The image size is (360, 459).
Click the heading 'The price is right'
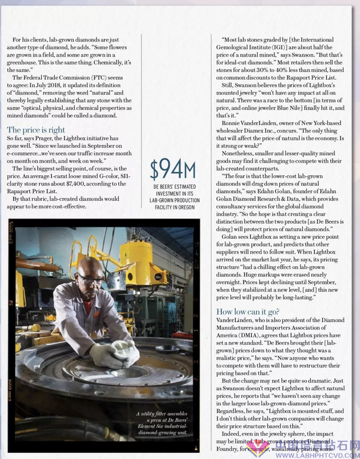click(36, 130)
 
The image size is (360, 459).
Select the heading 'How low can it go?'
click(247, 311)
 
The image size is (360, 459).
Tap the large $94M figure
click(173, 169)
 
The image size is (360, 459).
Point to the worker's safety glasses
click(91, 279)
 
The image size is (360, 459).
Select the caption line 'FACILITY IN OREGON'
click(173, 207)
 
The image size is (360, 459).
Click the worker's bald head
click(89, 265)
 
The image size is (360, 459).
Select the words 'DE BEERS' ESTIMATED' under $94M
click(173, 187)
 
